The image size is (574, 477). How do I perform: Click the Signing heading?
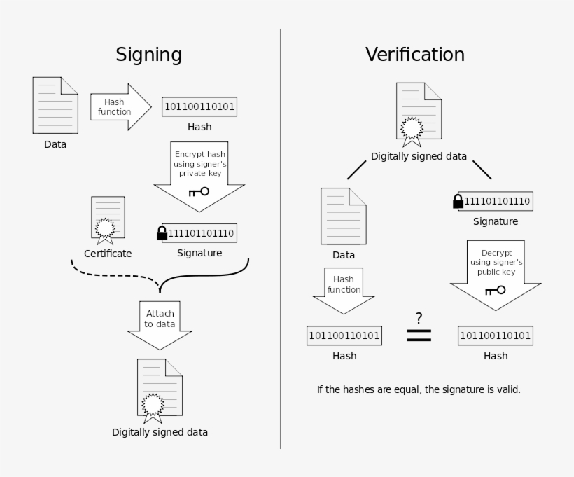pos(148,55)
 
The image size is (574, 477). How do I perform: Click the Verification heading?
pos(414,55)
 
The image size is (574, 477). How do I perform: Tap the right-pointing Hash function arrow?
pos(120,107)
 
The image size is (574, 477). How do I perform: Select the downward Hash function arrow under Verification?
pos(344,290)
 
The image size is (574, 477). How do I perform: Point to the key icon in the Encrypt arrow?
pos(199,191)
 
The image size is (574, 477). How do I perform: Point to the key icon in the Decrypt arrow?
pos(495,289)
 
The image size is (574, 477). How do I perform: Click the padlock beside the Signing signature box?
pos(162,233)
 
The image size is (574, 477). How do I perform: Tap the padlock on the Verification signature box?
pos(458,202)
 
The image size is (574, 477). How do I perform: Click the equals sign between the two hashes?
pos(419,336)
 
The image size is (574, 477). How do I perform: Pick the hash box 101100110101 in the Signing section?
pos(199,107)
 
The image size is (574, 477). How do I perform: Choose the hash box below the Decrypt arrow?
pos(496,336)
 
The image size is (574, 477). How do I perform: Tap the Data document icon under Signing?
pos(55,106)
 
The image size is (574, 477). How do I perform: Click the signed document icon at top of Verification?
pos(419,112)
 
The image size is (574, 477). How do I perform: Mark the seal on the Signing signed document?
pos(153,404)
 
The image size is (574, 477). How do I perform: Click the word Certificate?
pos(108,254)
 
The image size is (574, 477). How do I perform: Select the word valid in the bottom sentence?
pos(507,389)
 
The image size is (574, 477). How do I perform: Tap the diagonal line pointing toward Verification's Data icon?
pos(356,170)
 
